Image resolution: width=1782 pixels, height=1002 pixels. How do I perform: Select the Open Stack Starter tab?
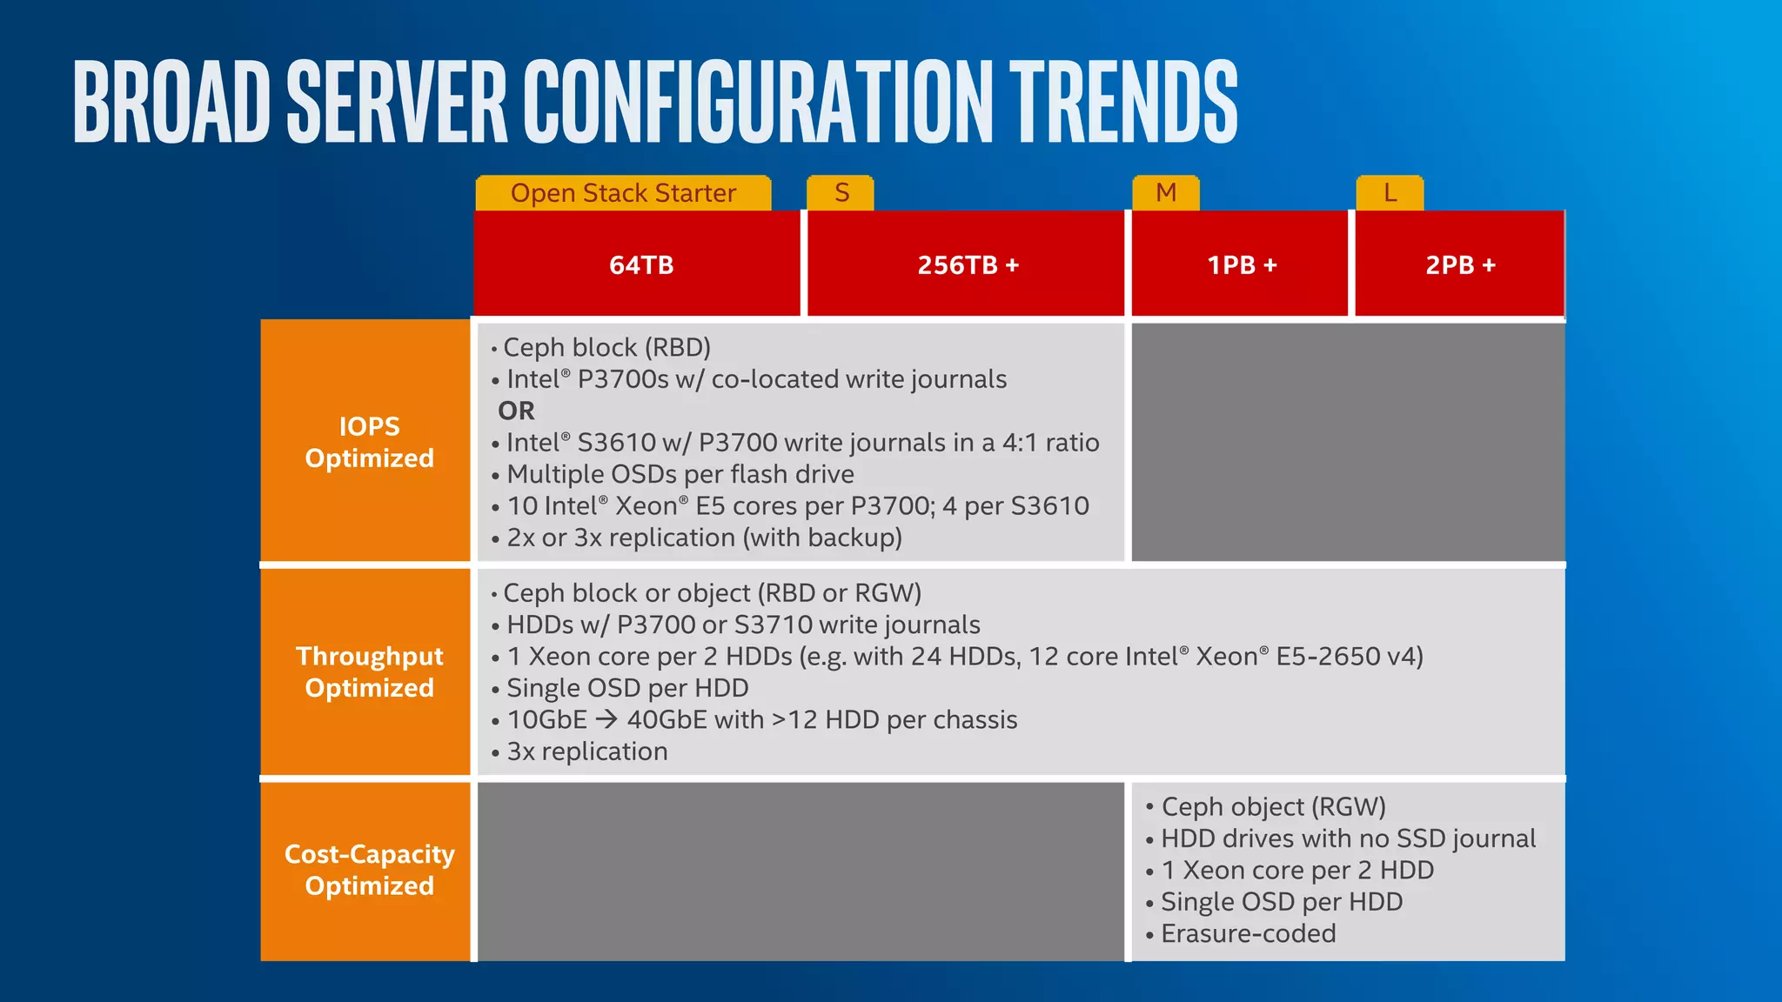[623, 193]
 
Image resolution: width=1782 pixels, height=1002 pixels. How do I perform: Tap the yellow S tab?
[841, 193]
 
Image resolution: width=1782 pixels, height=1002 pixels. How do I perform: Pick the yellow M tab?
[1166, 193]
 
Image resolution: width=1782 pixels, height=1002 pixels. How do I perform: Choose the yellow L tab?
[1390, 193]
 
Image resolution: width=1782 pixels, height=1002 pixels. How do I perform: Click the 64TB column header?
[640, 264]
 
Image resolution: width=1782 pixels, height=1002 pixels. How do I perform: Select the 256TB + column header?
[968, 264]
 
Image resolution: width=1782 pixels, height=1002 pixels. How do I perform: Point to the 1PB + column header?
[1242, 264]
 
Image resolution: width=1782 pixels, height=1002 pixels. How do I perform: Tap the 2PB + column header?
[1460, 264]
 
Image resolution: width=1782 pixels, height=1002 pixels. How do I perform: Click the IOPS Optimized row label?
[369, 442]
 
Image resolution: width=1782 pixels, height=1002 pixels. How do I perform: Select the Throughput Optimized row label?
[369, 671]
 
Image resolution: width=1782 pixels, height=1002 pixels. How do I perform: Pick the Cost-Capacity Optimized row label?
[369, 870]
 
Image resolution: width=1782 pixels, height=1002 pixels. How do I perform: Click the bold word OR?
[516, 411]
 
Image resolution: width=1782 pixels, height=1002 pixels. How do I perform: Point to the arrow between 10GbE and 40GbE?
[607, 719]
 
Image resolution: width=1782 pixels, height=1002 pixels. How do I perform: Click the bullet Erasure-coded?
[1248, 933]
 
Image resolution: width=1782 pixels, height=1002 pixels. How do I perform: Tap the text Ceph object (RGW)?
[1273, 806]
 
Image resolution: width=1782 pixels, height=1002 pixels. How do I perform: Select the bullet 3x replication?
[587, 751]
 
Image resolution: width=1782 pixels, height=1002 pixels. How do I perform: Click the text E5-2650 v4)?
[1350, 656]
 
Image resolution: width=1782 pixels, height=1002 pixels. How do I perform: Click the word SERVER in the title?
[397, 102]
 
